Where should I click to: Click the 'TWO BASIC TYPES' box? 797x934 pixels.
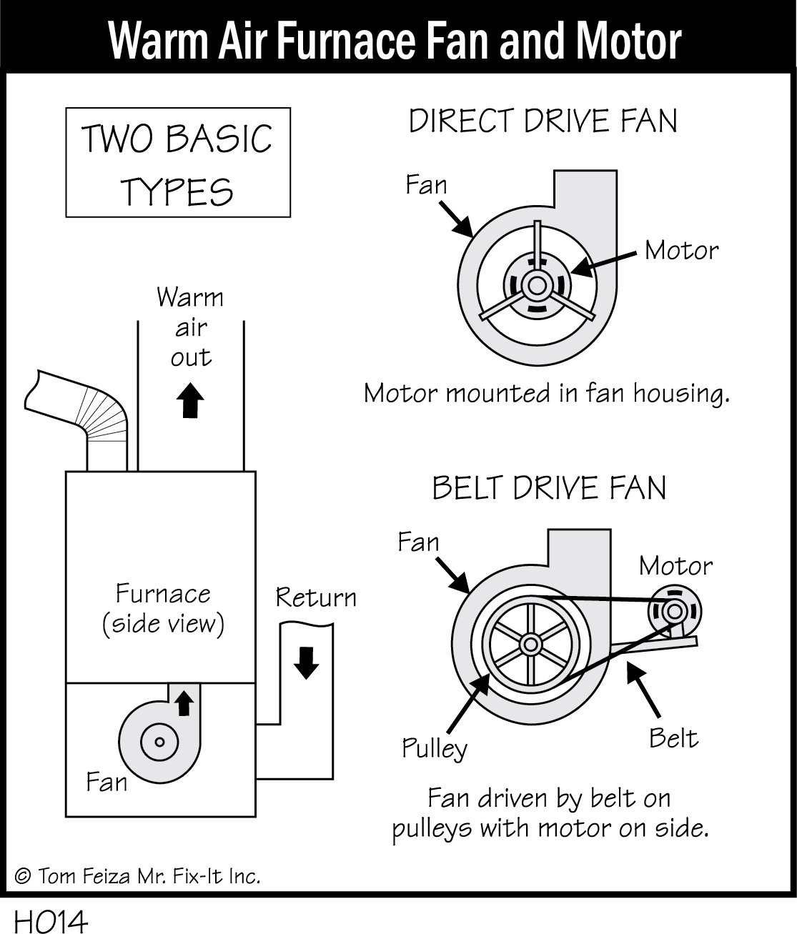pyautogui.click(x=178, y=162)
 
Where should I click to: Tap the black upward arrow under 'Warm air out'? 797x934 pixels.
pyautogui.click(x=189, y=400)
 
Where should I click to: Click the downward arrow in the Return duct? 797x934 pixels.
pyautogui.click(x=307, y=662)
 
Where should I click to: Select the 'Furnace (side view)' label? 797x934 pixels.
pyautogui.click(x=163, y=608)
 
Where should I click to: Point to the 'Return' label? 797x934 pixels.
pyautogui.click(x=316, y=597)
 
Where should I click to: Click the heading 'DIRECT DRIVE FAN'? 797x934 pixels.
pyautogui.click(x=543, y=121)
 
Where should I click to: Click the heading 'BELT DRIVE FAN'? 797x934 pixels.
pyautogui.click(x=549, y=488)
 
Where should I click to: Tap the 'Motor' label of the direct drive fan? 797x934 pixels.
pyautogui.click(x=680, y=250)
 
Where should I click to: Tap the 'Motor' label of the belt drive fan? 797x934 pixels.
pyautogui.click(x=675, y=566)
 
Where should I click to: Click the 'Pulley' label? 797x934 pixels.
pyautogui.click(x=434, y=748)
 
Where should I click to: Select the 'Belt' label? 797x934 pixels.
pyautogui.click(x=673, y=737)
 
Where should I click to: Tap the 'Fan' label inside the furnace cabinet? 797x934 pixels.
pyautogui.click(x=106, y=782)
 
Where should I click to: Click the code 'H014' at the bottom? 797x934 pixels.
pyautogui.click(x=50, y=921)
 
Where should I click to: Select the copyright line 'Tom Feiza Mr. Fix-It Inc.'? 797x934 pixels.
pyautogui.click(x=138, y=876)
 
